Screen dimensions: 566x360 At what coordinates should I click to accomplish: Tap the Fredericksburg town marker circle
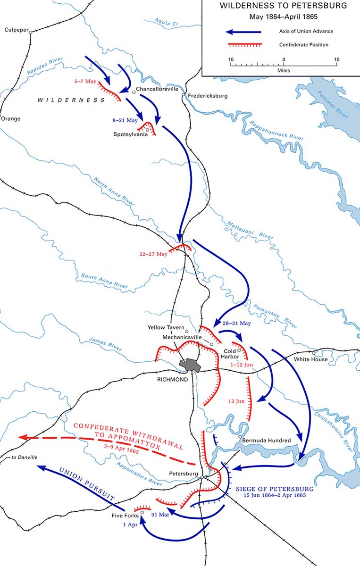(184, 95)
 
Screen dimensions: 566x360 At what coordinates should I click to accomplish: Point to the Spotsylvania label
(130, 134)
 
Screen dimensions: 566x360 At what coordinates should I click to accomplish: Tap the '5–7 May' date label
(85, 82)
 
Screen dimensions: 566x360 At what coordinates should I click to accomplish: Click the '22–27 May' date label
(154, 254)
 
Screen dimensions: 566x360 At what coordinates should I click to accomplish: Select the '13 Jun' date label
(236, 401)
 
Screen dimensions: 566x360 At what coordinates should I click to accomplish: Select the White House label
(310, 359)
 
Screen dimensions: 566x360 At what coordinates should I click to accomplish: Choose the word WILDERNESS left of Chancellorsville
(71, 100)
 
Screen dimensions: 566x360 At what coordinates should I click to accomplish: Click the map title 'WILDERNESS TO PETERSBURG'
(284, 6)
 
